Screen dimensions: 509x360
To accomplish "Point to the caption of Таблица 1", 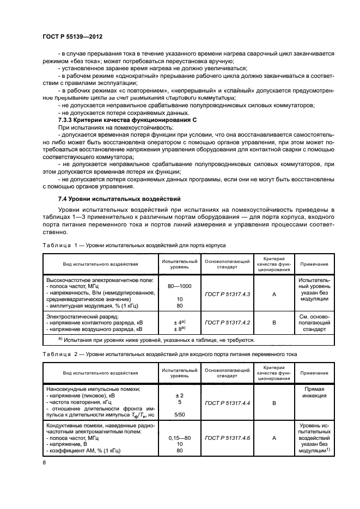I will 134,245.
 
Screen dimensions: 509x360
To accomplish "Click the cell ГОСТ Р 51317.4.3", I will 227,294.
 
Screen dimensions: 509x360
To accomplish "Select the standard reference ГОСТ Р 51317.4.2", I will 227,322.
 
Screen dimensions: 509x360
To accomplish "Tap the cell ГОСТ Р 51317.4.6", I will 227,437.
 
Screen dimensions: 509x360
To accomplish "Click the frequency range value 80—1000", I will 180,286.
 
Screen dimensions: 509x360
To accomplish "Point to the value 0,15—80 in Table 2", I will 180,437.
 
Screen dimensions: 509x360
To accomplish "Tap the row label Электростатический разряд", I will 82,315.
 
